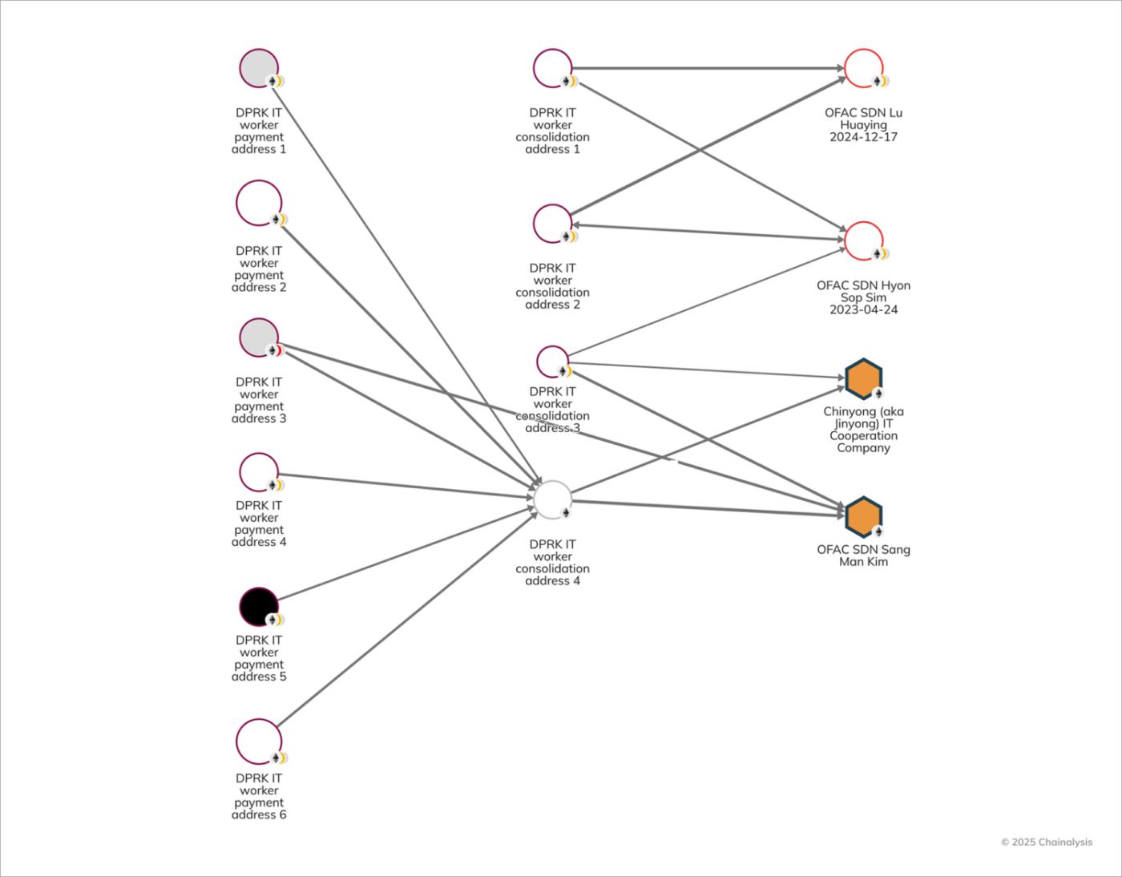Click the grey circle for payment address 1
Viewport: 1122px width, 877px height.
point(259,68)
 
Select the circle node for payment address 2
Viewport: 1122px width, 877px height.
point(259,203)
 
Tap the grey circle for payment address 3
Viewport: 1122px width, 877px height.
point(259,337)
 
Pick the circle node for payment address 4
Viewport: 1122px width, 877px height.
point(259,472)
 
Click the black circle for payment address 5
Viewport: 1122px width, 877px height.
point(259,607)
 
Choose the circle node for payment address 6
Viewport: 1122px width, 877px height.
point(259,742)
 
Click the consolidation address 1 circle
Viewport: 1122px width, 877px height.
point(552,68)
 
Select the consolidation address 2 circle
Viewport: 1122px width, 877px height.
point(552,223)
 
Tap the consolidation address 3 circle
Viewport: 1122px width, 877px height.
point(552,362)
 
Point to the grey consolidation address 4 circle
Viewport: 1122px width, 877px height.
point(552,499)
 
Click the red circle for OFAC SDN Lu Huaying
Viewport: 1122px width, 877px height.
point(863,68)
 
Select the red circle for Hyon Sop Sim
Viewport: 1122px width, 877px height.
point(863,240)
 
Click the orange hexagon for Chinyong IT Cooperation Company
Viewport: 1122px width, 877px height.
point(863,378)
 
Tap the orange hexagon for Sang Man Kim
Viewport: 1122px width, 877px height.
point(863,516)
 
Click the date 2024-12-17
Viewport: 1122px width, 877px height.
point(863,137)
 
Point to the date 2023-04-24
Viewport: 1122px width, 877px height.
point(863,309)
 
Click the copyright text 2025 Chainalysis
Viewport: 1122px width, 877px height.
point(1046,842)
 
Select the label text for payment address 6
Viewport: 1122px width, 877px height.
point(259,796)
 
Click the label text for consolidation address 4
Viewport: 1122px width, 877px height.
point(552,562)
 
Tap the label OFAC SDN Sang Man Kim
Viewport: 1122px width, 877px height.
point(863,555)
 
